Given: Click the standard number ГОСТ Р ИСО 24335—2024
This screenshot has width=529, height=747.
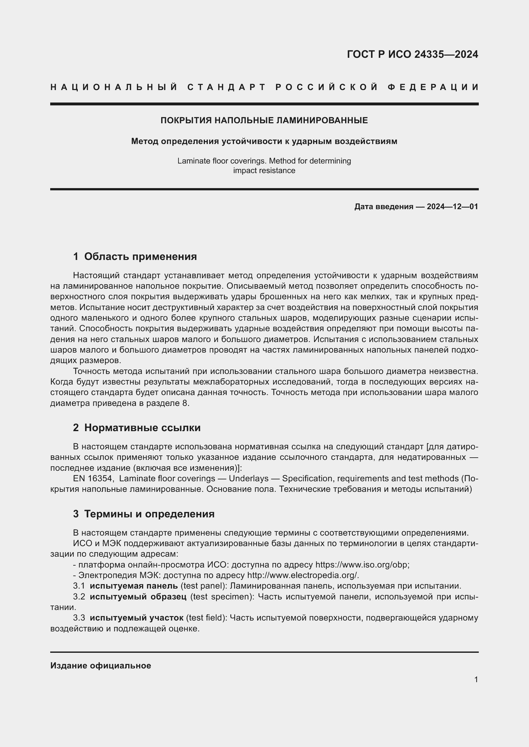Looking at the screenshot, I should (x=412, y=54).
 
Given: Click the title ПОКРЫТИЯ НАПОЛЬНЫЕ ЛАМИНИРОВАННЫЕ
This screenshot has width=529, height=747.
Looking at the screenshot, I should (x=264, y=120).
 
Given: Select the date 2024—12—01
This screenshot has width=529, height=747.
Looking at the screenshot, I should (x=452, y=207).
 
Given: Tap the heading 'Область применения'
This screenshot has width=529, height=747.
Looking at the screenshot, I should (x=140, y=257).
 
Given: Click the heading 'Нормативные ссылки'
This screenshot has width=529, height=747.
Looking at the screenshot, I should (x=142, y=428).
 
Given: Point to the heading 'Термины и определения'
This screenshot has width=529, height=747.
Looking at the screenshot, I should (x=149, y=514).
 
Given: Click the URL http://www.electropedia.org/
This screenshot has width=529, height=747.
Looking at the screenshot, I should (x=303, y=575).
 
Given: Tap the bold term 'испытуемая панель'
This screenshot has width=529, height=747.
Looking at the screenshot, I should (x=134, y=586).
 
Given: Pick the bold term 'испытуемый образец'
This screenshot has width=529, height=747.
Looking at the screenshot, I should (x=138, y=597).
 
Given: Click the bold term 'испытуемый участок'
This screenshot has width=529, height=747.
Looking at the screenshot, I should (x=137, y=618).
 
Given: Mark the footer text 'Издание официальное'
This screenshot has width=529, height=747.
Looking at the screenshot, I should (x=101, y=666).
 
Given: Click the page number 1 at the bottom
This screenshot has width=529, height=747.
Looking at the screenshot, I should (x=476, y=680).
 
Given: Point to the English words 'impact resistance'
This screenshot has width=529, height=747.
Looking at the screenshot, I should (x=264, y=171).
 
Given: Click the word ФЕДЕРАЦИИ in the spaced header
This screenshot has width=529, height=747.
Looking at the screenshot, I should (x=433, y=87).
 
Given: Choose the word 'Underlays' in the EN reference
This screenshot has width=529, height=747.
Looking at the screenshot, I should (x=249, y=479).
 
